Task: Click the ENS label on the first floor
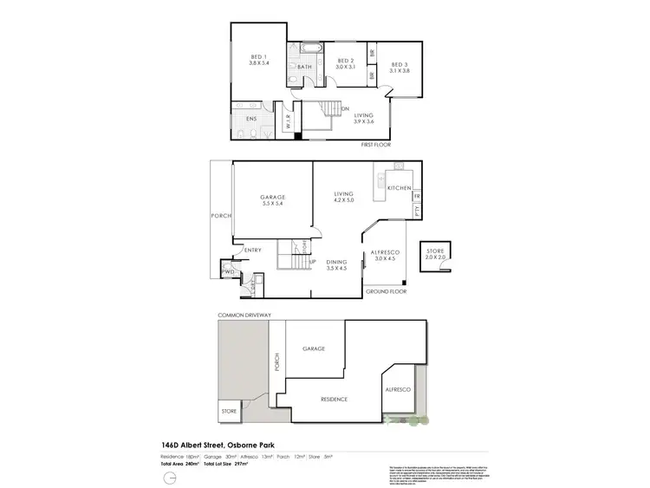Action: (x=252, y=118)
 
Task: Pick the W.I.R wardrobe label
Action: (x=288, y=123)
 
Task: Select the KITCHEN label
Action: (x=399, y=187)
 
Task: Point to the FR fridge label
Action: (x=417, y=196)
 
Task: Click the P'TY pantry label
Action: (x=417, y=210)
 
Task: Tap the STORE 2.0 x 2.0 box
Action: (x=434, y=254)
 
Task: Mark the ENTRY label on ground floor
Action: (x=252, y=251)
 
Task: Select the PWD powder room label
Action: (x=228, y=272)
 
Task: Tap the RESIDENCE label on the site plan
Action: (x=334, y=400)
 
